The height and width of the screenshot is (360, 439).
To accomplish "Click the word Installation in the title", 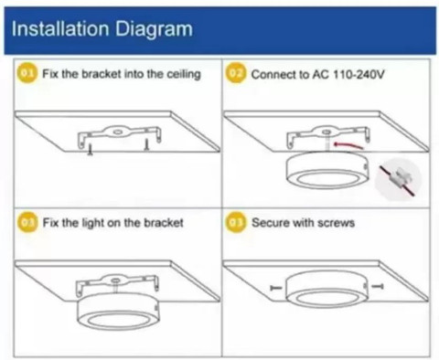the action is click(60, 29).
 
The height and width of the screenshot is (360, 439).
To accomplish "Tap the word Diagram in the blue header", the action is click(154, 30).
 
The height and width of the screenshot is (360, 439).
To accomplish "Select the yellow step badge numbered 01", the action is click(27, 73).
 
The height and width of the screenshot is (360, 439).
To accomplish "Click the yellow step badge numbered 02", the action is click(236, 73).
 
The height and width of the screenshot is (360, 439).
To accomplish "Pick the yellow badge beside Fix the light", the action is click(27, 223).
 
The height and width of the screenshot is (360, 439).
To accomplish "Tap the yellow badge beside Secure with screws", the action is click(236, 223).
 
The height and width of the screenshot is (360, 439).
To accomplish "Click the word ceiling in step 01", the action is click(184, 75).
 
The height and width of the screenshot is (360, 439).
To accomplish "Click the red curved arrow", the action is click(348, 144).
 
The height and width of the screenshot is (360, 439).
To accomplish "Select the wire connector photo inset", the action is click(398, 179).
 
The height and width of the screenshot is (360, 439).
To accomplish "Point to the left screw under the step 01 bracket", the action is click(91, 150).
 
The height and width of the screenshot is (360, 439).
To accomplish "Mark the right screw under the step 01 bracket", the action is click(146, 145).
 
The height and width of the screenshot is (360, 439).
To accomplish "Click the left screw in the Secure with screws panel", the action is click(276, 287).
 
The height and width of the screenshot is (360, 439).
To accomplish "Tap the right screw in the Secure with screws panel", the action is click(378, 286).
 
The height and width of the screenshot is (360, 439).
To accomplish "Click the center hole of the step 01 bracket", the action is click(117, 132).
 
